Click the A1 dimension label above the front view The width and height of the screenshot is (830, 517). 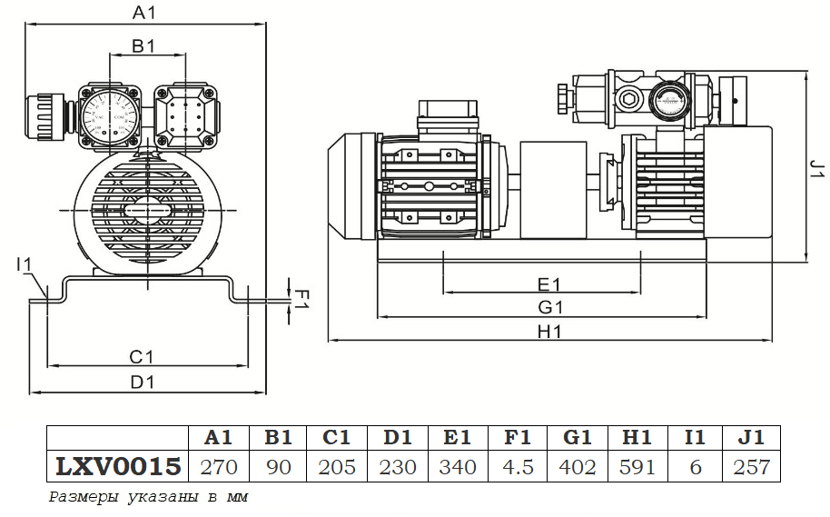pyautogui.click(x=145, y=13)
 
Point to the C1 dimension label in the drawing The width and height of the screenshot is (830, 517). pyautogui.click(x=141, y=355)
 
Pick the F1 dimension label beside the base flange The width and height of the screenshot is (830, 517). pyautogui.click(x=304, y=298)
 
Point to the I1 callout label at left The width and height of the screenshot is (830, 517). pyautogui.click(x=25, y=264)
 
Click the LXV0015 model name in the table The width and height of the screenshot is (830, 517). pyautogui.click(x=119, y=467)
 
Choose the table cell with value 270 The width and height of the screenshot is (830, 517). pyautogui.click(x=217, y=467)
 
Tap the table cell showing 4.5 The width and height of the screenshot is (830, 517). pyautogui.click(x=517, y=467)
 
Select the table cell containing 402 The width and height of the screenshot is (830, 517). pyautogui.click(x=578, y=467)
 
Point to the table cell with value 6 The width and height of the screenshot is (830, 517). pyautogui.click(x=695, y=467)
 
